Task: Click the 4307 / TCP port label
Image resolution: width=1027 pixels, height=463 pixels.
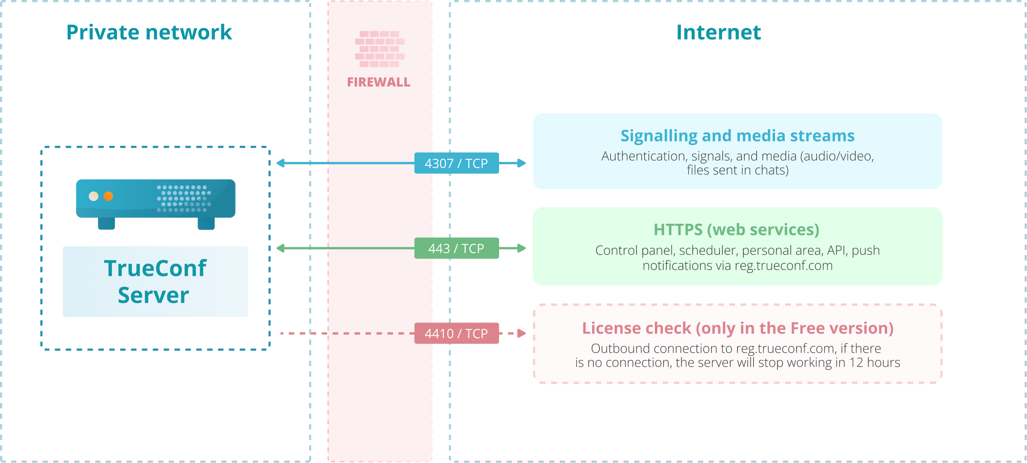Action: pyautogui.click(x=456, y=163)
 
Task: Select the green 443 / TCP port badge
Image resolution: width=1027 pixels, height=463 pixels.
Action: pyautogui.click(x=456, y=248)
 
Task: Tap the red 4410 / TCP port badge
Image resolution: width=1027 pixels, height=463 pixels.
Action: pyautogui.click(x=456, y=333)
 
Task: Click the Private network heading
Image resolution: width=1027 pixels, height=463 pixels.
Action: pyautogui.click(x=149, y=32)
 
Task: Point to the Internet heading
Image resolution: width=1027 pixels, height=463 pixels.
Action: pyautogui.click(x=718, y=32)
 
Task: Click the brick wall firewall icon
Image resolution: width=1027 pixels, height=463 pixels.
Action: pyautogui.click(x=380, y=49)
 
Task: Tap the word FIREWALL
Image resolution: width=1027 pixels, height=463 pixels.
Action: pyautogui.click(x=379, y=82)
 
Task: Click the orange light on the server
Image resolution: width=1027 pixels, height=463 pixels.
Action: pyautogui.click(x=108, y=196)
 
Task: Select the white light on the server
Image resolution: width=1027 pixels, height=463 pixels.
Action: pyautogui.click(x=93, y=196)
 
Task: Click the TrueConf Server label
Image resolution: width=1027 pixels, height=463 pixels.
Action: pyautogui.click(x=155, y=282)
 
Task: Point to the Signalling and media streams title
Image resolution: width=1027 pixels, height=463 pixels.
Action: pyautogui.click(x=738, y=136)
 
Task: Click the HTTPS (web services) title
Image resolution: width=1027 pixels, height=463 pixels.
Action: pyautogui.click(x=737, y=230)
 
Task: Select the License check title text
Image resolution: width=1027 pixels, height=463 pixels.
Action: pyautogui.click(x=738, y=328)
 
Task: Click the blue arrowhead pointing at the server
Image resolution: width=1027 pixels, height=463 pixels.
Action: pyautogui.click(x=280, y=163)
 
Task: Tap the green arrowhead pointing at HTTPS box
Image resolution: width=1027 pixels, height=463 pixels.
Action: pyautogui.click(x=521, y=248)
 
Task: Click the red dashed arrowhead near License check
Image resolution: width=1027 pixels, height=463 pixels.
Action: pyautogui.click(x=521, y=333)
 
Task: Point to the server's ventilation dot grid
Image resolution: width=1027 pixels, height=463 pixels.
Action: pyautogui.click(x=184, y=199)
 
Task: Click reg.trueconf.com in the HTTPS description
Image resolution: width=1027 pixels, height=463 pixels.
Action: pyautogui.click(x=783, y=266)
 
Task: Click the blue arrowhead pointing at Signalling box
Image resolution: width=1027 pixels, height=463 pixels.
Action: pyautogui.click(x=521, y=163)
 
